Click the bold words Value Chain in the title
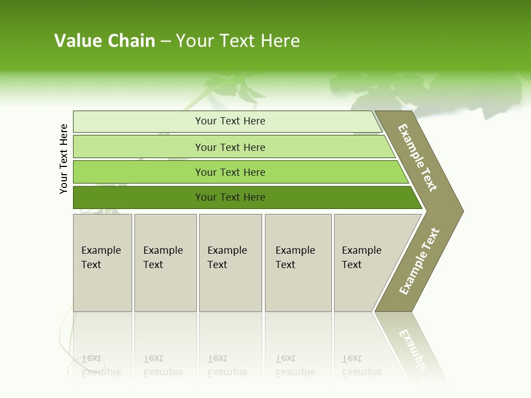pyautogui.click(x=105, y=41)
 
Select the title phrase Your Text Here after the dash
pyautogui.click(x=238, y=41)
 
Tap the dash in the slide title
pyautogui.click(x=165, y=41)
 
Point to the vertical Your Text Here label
pyautogui.click(x=64, y=159)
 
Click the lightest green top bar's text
pyautogui.click(x=230, y=121)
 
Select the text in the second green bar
pyautogui.click(x=230, y=147)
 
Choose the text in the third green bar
pyautogui.click(x=230, y=172)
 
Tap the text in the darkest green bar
pyautogui.click(x=230, y=197)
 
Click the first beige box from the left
pyautogui.click(x=102, y=262)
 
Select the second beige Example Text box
pyautogui.click(x=165, y=262)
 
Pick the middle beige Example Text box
pyautogui.click(x=230, y=262)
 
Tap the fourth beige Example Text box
pyautogui.click(x=298, y=262)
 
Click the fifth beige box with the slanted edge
pyautogui.click(x=365, y=262)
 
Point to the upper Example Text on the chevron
pyautogui.click(x=418, y=158)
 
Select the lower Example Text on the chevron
pyautogui.click(x=419, y=261)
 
